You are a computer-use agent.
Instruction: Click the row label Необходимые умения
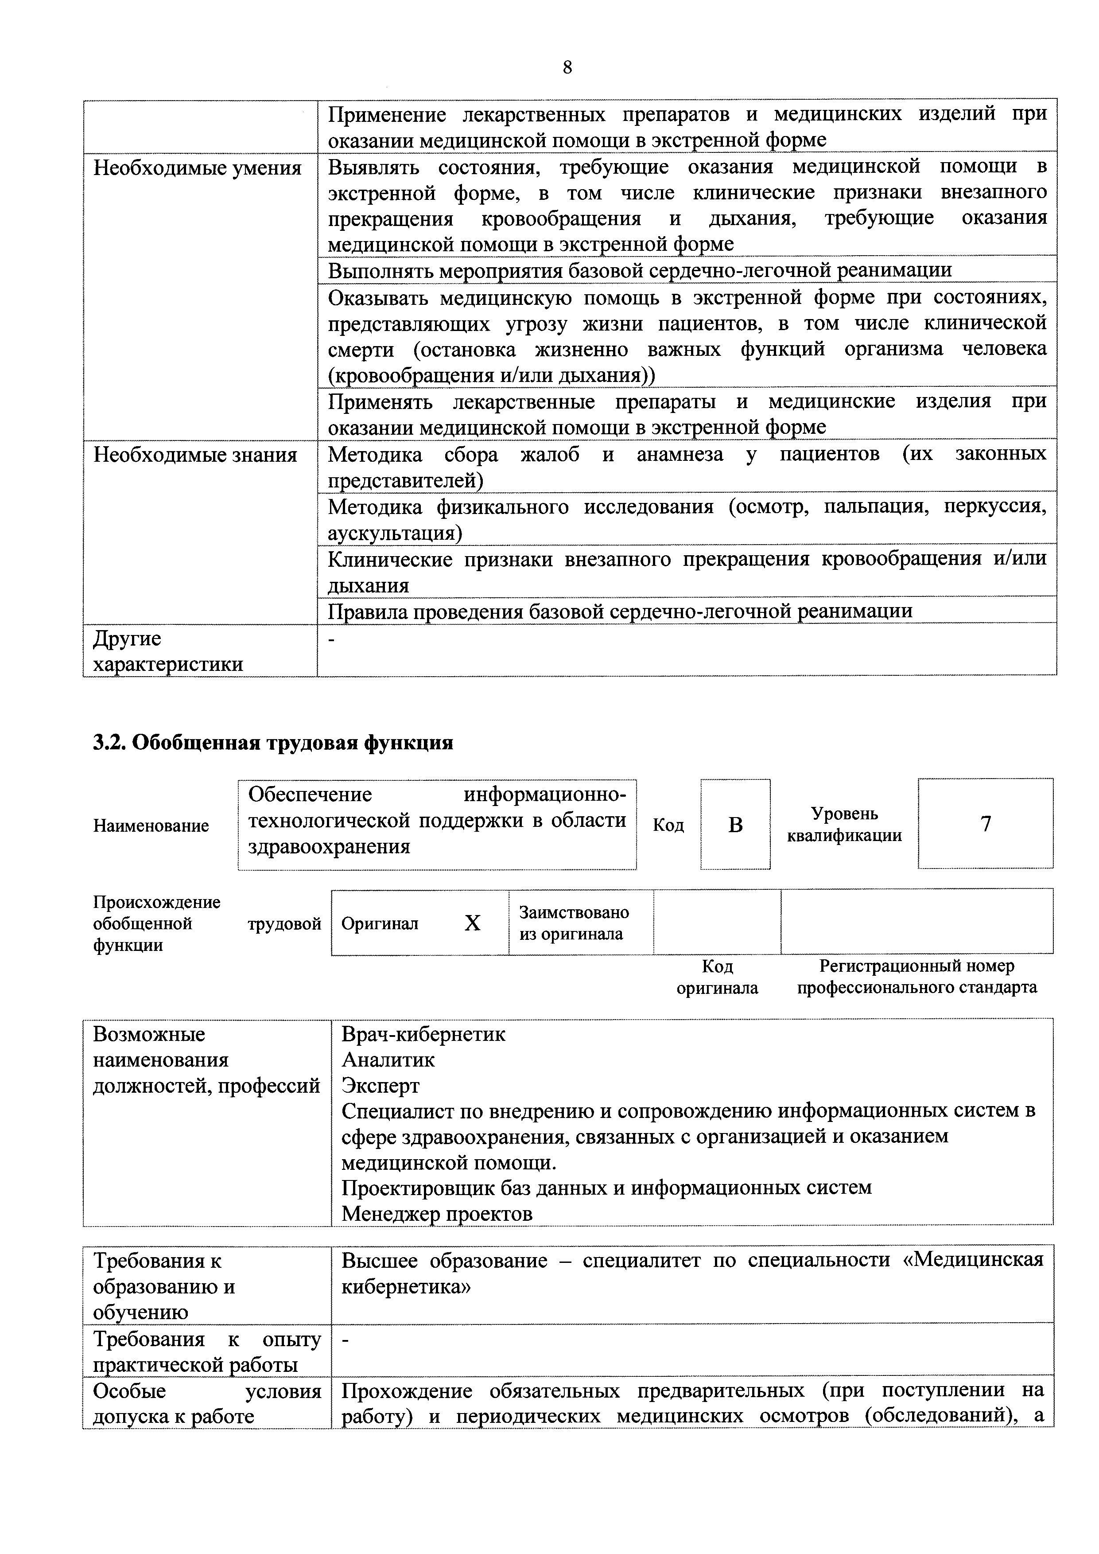pyautogui.click(x=197, y=168)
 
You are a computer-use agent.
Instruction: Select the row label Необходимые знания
pyautogui.click(x=195, y=455)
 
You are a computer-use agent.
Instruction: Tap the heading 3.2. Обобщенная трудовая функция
pyautogui.click(x=273, y=743)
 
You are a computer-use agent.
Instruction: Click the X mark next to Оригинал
pyautogui.click(x=472, y=923)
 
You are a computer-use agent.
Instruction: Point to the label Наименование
pyautogui.click(x=151, y=825)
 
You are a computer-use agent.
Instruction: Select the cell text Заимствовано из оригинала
pyautogui.click(x=573, y=923)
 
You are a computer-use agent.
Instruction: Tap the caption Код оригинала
pyautogui.click(x=717, y=977)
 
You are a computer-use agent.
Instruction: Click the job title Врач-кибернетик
pyautogui.click(x=423, y=1034)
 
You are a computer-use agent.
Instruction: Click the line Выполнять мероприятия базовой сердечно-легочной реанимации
pyautogui.click(x=640, y=270)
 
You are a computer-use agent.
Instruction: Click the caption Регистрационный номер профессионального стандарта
pyautogui.click(x=916, y=977)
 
